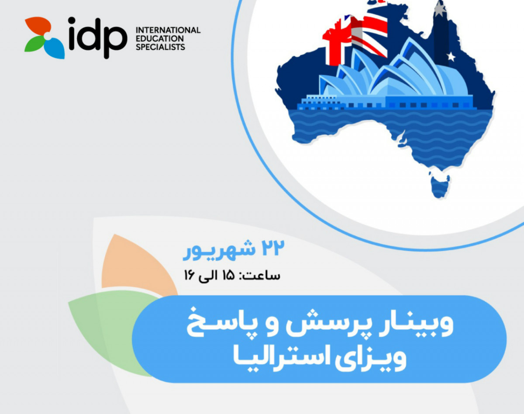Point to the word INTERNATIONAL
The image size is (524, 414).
[x=168, y=30]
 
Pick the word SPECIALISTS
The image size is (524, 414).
[x=161, y=47]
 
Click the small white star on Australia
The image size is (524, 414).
[x=451, y=56]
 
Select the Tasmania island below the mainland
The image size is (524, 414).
[x=439, y=186]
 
